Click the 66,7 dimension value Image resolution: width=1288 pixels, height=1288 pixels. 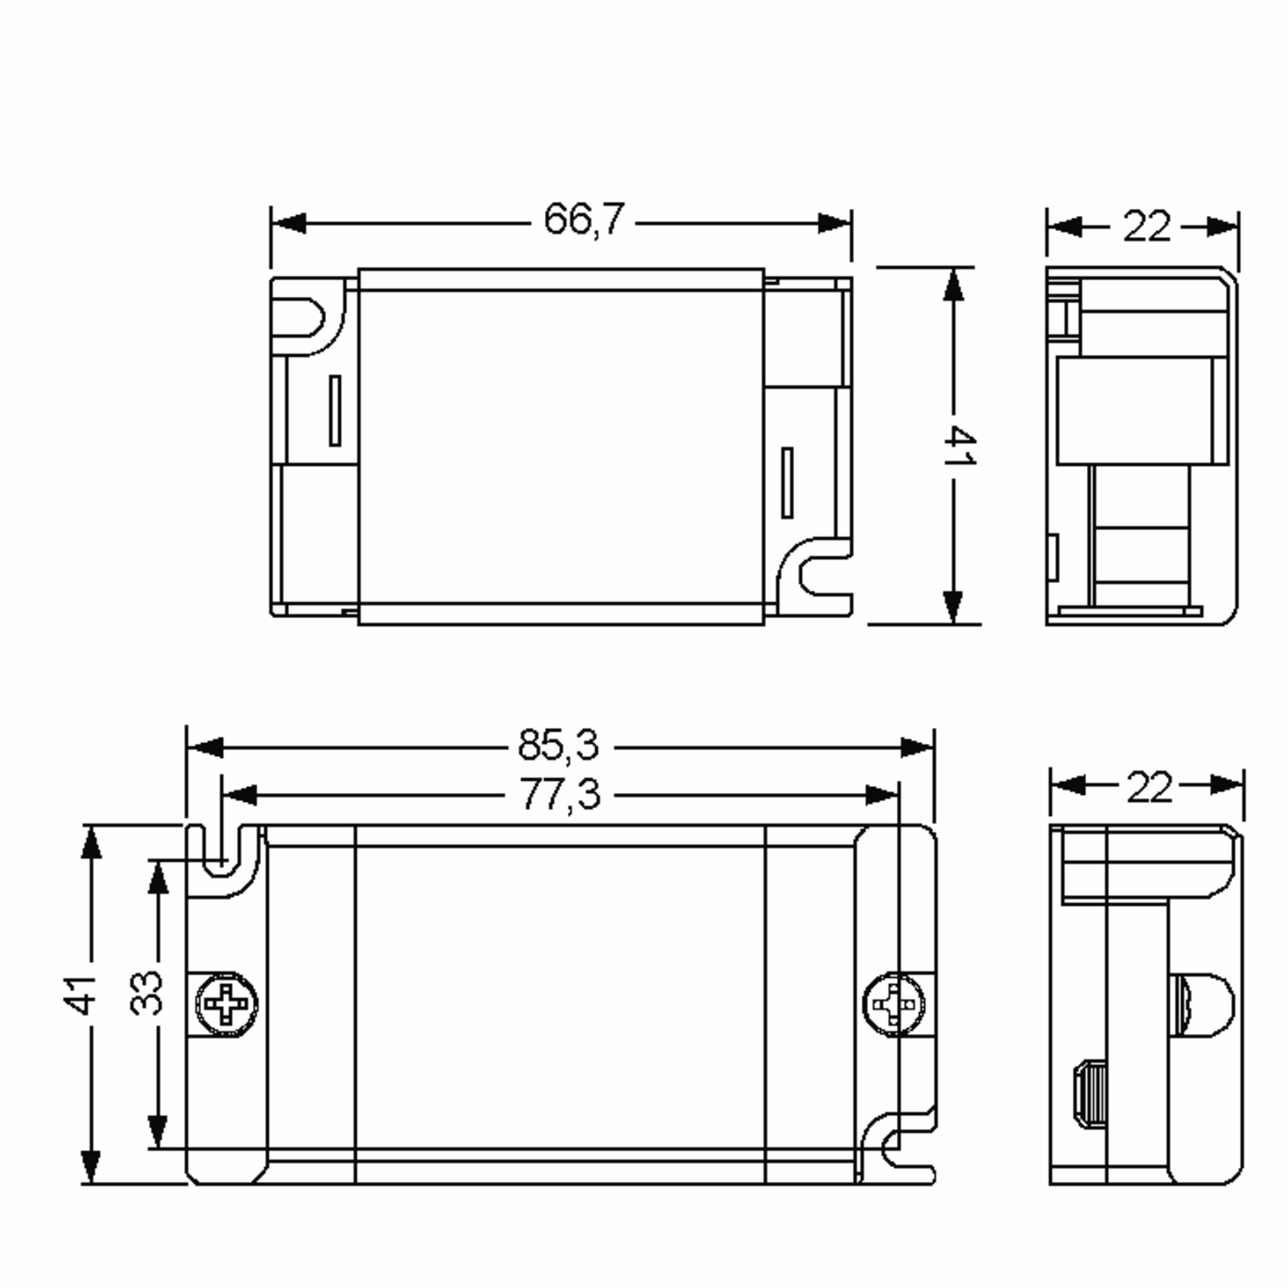(x=584, y=219)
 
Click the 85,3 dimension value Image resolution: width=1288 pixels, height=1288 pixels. (x=559, y=745)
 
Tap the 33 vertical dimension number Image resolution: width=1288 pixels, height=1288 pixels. (x=146, y=993)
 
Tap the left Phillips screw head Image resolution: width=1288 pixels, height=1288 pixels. (x=226, y=1004)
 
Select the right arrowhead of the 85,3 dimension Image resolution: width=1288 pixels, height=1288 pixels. (x=916, y=748)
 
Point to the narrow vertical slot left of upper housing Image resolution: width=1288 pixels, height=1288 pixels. (x=335, y=410)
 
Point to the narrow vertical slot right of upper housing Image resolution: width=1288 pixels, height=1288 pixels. (x=787, y=482)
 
